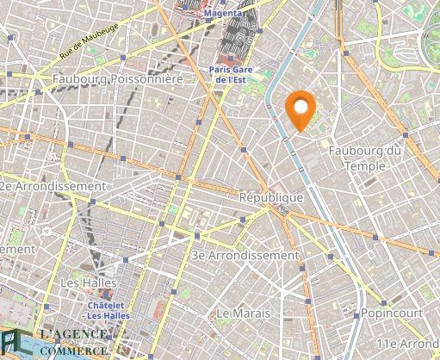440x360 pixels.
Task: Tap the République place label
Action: [x=271, y=197]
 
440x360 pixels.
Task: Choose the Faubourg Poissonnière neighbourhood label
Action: [x=117, y=78]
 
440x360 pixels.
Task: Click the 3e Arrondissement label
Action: [x=245, y=255]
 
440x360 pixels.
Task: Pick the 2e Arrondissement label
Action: [x=53, y=185]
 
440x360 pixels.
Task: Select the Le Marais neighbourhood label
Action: [x=244, y=311]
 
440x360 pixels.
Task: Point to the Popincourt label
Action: [x=392, y=311]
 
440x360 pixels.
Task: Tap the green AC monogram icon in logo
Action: [x=11, y=342]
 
